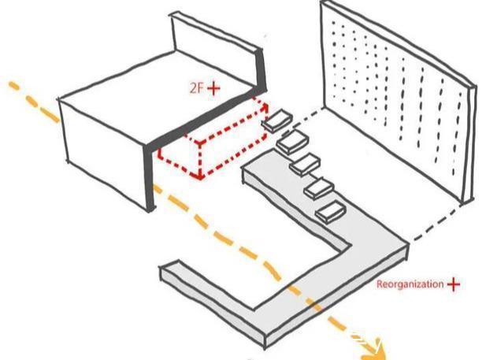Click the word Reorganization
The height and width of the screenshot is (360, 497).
pos(410,284)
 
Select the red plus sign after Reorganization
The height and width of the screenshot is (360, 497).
pos(454,284)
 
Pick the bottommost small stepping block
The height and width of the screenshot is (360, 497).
pos(328,210)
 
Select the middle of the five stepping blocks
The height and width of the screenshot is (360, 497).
pos(303,165)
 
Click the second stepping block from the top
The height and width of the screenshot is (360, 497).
pos(291,143)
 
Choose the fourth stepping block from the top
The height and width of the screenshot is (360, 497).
pos(316,188)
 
